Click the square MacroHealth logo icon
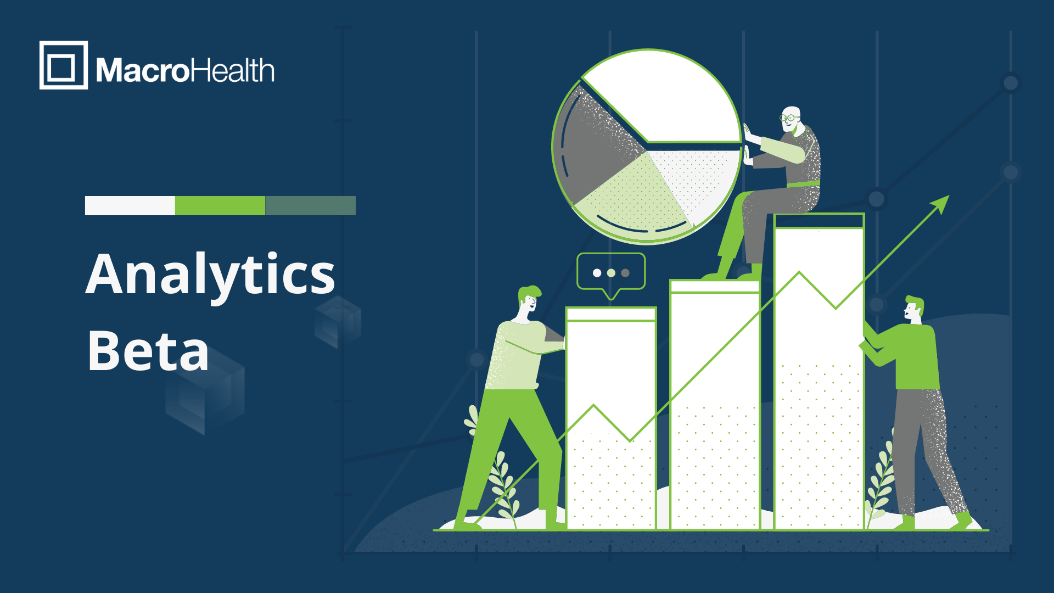tap(64, 65)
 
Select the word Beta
tap(148, 351)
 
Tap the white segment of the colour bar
tap(130, 205)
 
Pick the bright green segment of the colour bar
tap(220, 205)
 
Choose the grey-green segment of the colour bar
tap(311, 205)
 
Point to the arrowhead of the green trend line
tap(941, 204)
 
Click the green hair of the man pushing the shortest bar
tap(529, 292)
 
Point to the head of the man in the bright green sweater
tap(914, 310)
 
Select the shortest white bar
tap(611, 418)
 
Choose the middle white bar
tap(715, 405)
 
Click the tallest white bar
tap(819, 371)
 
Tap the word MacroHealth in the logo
tap(185, 70)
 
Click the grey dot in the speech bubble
tap(625, 273)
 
